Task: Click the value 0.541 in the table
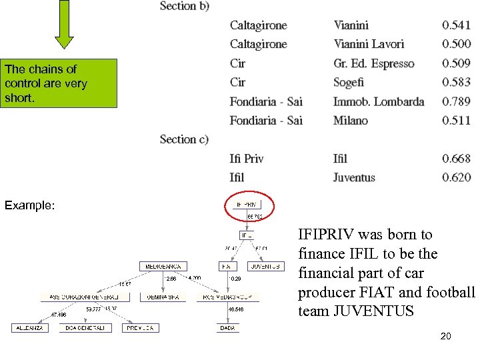tap(456, 25)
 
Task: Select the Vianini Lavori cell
tap(369, 44)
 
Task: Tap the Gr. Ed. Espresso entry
tap(373, 63)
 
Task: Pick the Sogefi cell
tap(349, 82)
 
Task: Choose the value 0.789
tap(456, 101)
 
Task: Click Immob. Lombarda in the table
tap(379, 101)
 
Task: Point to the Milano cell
tap(351, 120)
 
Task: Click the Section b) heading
tap(185, 6)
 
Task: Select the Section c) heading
tap(184, 139)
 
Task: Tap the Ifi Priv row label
tap(247, 159)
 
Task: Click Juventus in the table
tap(354, 177)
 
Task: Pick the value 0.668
tap(456, 159)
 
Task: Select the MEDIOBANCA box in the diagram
tap(163, 267)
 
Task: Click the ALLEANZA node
tap(30, 328)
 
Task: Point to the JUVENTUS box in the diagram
tap(265, 267)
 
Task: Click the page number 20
tap(445, 336)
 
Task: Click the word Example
tap(29, 205)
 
